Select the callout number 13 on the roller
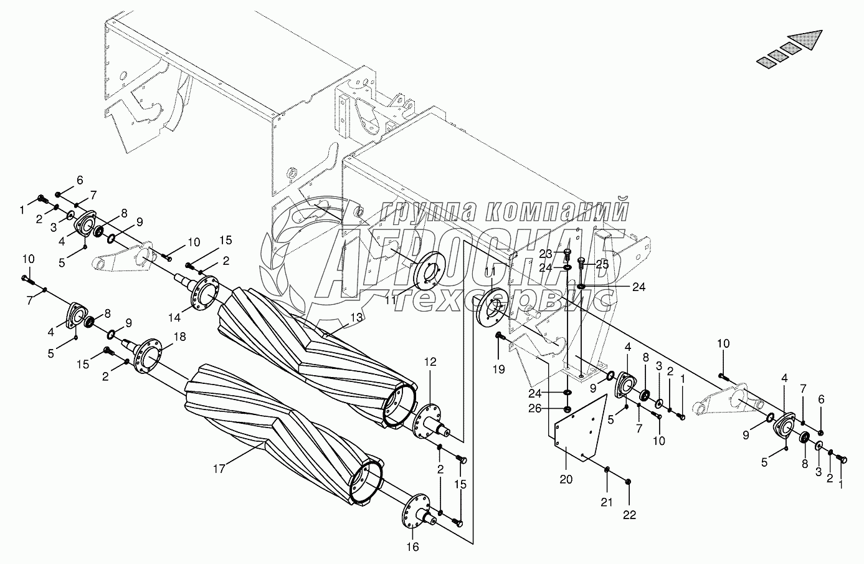[355, 317]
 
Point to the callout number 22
[629, 515]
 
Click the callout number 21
[607, 502]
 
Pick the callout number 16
[412, 547]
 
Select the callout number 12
[430, 361]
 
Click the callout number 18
[179, 337]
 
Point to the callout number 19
[498, 370]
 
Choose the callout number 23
[546, 254]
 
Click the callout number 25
[602, 264]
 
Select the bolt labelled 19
[500, 337]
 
